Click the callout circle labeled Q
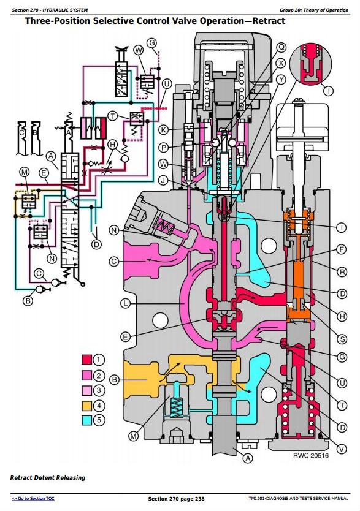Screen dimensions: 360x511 (x=281, y=48)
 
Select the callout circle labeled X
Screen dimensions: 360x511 (x=281, y=63)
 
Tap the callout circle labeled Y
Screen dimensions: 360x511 (x=281, y=79)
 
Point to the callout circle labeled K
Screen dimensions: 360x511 (x=163, y=130)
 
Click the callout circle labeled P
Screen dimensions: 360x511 (x=163, y=148)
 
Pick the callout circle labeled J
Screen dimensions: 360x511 (x=163, y=180)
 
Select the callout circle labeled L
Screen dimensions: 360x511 (x=125, y=303)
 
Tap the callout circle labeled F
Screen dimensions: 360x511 (x=342, y=249)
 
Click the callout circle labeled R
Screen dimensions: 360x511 (x=342, y=272)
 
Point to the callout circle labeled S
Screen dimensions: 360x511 (x=342, y=339)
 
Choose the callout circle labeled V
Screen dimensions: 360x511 (x=342, y=449)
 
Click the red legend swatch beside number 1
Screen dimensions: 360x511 (x=86, y=360)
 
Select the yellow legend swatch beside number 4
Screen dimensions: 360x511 (x=86, y=406)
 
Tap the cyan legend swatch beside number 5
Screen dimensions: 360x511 (x=86, y=420)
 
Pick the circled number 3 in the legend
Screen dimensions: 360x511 (x=99, y=390)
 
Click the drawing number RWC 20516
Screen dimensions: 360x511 (x=311, y=456)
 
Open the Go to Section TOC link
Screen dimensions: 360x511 (x=33, y=498)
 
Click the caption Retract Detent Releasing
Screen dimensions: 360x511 (x=48, y=478)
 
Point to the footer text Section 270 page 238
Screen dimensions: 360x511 (x=177, y=499)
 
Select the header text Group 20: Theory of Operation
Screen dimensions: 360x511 (x=313, y=10)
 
